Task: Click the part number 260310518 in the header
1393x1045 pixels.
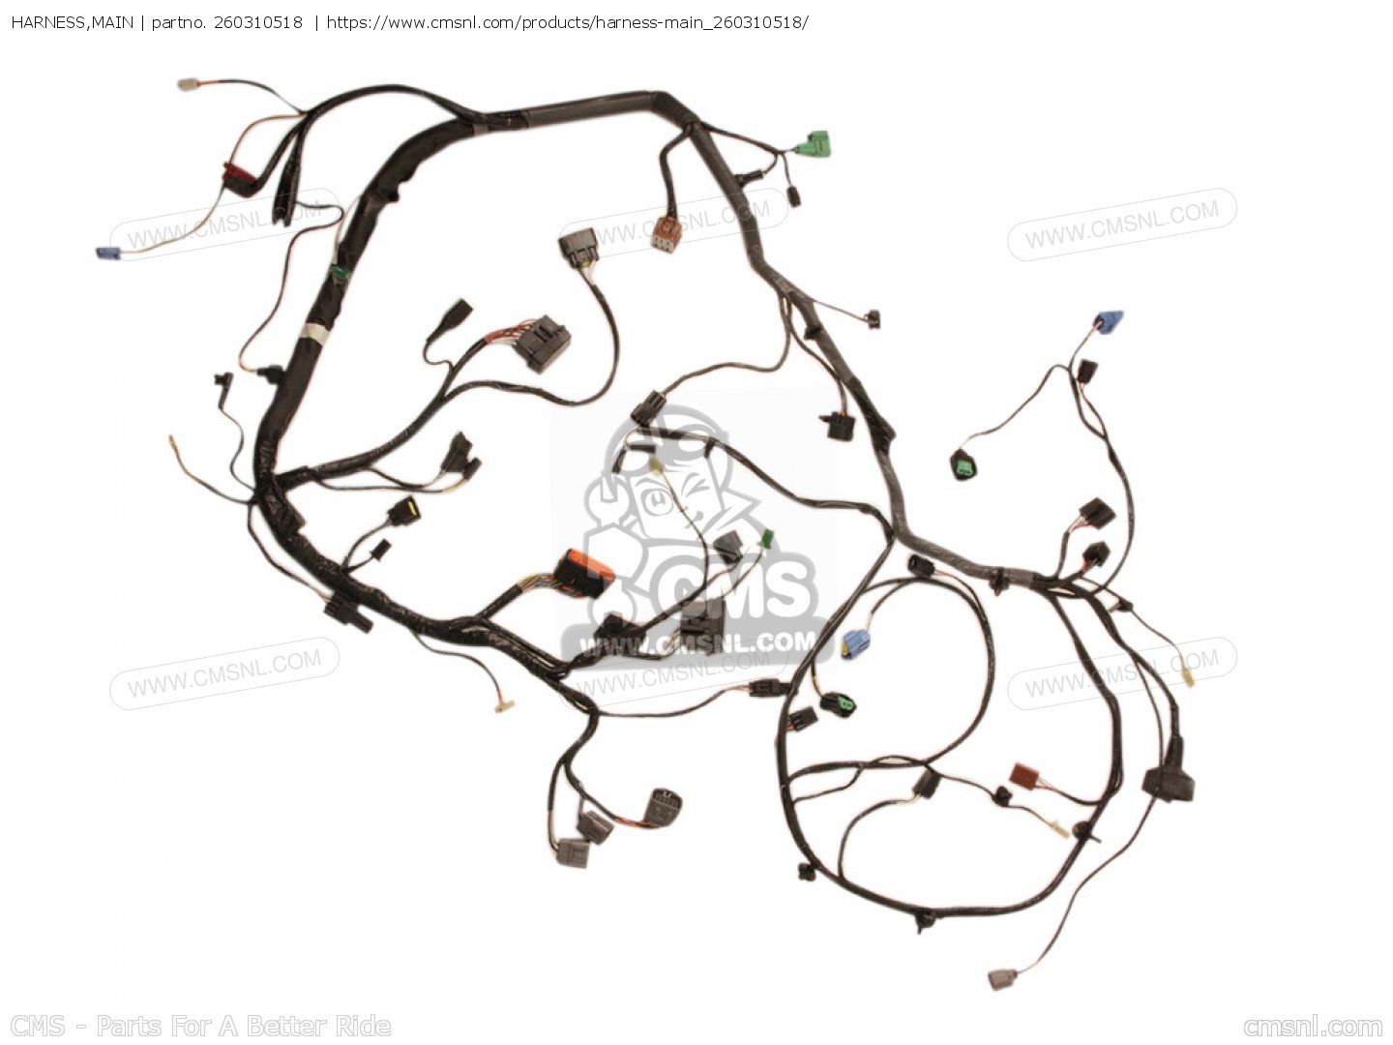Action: pyautogui.click(x=257, y=23)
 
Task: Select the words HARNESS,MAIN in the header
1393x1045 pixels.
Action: pyautogui.click(x=73, y=23)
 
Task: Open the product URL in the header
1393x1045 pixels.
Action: pyautogui.click(x=567, y=23)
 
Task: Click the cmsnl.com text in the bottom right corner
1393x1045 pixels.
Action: pyautogui.click(x=1313, y=1026)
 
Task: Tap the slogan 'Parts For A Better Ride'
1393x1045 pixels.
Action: pyautogui.click(x=243, y=1026)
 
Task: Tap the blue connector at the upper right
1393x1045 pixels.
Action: pyautogui.click(x=1109, y=321)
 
